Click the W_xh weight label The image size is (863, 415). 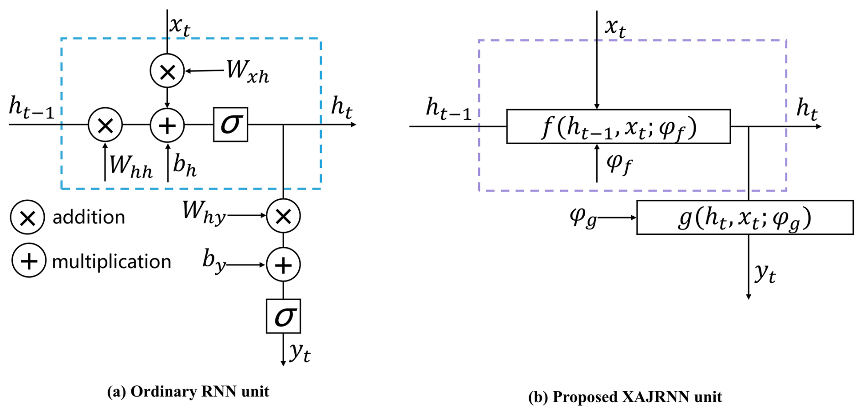248,72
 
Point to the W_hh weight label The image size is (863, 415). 131,166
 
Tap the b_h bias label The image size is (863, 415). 185,165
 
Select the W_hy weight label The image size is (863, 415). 204,212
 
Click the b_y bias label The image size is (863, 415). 214,261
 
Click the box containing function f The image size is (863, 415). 618,127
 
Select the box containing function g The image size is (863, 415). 744,218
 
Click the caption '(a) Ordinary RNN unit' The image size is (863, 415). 188,391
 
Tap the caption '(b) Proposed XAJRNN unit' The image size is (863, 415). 625,397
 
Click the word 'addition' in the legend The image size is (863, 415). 88,218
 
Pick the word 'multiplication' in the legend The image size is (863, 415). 111,262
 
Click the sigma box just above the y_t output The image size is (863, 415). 283,316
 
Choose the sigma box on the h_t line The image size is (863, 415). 230,124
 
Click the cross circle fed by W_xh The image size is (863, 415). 167,71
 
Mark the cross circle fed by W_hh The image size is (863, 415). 105,125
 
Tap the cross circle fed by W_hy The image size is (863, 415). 283,216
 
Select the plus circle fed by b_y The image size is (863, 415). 283,265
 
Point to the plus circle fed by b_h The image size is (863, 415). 167,125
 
